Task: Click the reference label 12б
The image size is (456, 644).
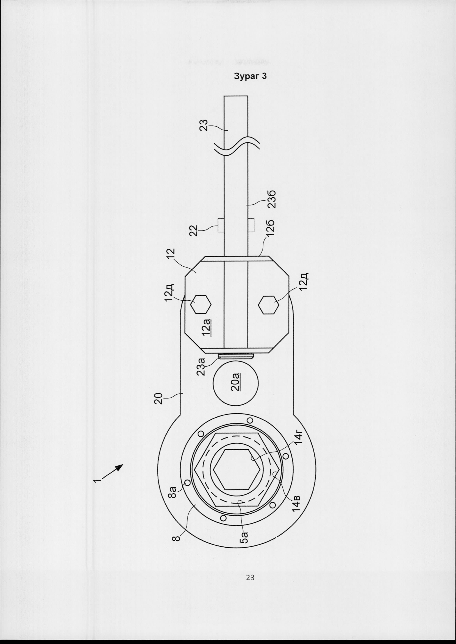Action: (272, 230)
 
